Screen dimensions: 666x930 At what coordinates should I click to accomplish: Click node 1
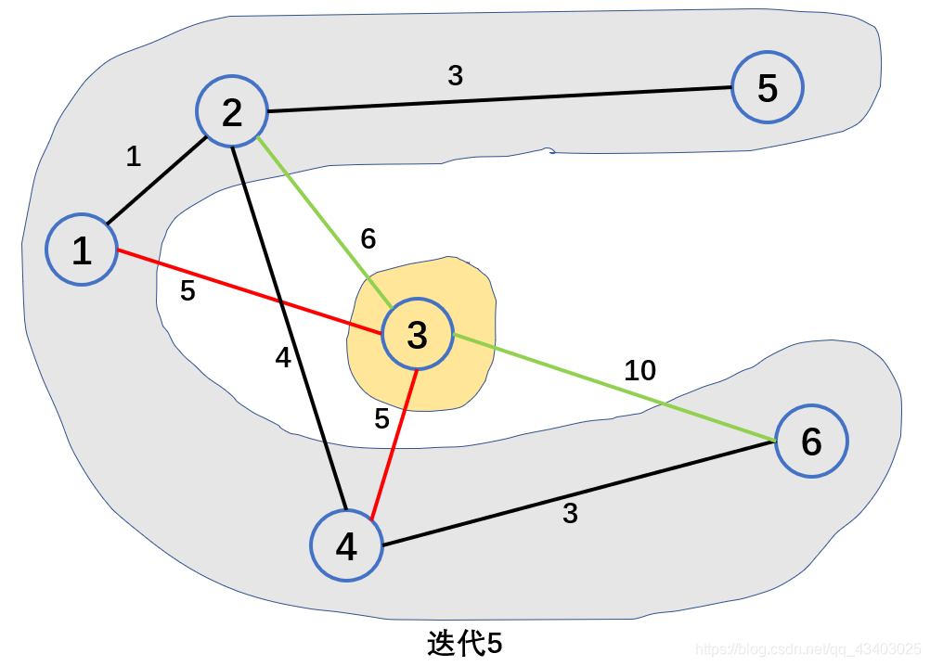tap(82, 250)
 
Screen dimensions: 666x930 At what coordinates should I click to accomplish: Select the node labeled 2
tap(231, 112)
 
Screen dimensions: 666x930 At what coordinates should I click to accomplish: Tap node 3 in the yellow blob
tap(417, 334)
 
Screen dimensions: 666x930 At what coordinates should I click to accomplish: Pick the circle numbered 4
tap(346, 546)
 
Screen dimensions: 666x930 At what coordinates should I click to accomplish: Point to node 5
tap(767, 88)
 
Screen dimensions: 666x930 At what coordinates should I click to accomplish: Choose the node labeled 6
tap(811, 442)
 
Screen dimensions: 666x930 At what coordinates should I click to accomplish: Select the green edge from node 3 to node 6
tap(613, 387)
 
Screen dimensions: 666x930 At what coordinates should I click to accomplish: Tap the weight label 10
tap(639, 371)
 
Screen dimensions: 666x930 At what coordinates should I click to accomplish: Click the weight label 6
tap(368, 239)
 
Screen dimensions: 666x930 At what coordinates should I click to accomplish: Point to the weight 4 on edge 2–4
tap(283, 358)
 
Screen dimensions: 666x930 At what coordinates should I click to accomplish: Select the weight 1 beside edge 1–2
tap(134, 157)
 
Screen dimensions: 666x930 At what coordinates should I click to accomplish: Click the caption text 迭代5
tap(464, 644)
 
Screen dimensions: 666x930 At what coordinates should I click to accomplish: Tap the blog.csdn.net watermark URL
tap(807, 648)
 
